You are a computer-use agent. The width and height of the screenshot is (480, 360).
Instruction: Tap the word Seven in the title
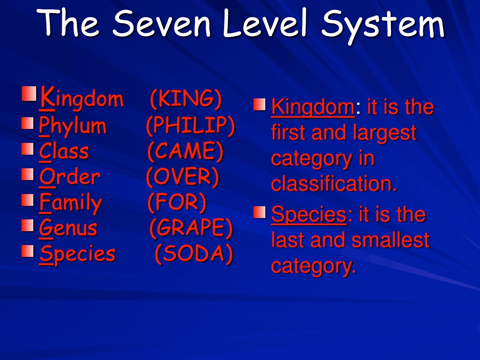tap(162, 22)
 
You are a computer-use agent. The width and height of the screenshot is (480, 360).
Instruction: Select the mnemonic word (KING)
tap(186, 98)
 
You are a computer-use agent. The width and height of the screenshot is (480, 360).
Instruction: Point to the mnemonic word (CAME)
tap(186, 151)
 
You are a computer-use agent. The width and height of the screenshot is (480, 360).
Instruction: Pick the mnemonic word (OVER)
tap(183, 177)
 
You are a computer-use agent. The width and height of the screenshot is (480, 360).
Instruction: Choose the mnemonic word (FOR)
tap(177, 202)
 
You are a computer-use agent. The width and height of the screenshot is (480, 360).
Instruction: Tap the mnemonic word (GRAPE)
tap(191, 228)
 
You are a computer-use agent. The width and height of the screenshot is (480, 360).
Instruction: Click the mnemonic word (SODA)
tap(194, 254)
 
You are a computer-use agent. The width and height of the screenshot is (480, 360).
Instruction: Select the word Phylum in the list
tap(73, 126)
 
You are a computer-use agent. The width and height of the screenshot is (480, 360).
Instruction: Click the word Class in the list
tap(64, 151)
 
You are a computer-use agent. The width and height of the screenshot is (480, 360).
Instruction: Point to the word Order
tap(70, 177)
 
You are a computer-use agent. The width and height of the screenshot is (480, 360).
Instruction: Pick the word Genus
tap(68, 228)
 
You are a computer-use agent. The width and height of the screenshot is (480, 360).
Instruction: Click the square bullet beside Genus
tap(28, 226)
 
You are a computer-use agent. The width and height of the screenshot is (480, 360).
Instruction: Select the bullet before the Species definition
tap(259, 212)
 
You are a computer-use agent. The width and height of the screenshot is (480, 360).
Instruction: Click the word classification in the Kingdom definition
tap(334, 183)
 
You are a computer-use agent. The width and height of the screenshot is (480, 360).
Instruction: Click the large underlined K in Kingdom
tap(47, 97)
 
